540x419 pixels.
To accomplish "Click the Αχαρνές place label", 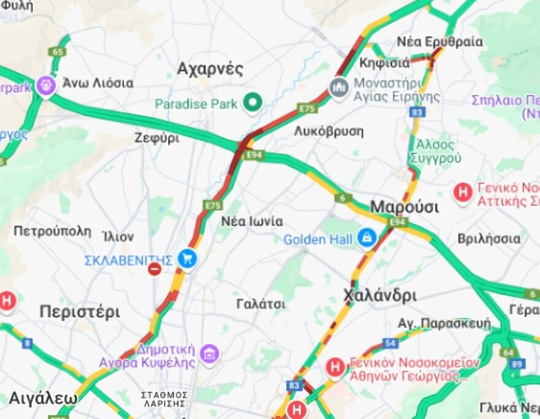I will click(x=210, y=69).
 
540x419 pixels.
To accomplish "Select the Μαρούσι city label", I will click(x=404, y=206).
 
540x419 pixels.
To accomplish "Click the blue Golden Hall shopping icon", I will click(x=367, y=239).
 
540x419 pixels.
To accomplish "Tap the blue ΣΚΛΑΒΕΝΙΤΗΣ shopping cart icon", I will click(x=187, y=259).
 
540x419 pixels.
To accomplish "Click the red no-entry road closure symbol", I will click(x=155, y=268).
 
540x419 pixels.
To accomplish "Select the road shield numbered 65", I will click(x=58, y=52).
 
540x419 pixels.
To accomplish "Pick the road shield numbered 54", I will click(x=390, y=343).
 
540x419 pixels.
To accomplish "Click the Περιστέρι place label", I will click(x=80, y=312).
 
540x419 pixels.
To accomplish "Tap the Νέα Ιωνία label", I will click(x=252, y=221).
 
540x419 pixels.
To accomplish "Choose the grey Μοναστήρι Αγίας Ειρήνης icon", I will click(x=339, y=87).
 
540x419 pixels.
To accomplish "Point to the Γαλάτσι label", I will click(x=261, y=304).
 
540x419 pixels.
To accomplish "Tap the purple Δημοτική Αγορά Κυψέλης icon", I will click(x=209, y=354).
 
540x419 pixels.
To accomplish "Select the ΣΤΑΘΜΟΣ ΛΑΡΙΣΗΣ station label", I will click(x=164, y=399).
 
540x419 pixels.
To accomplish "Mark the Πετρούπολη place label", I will click(x=52, y=231).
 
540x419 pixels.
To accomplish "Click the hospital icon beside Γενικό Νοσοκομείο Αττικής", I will click(x=463, y=193).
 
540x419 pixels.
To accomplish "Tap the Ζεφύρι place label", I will click(x=157, y=138).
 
